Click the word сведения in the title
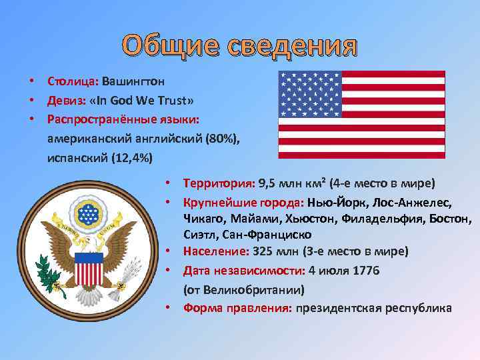pos(291,46)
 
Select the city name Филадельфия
pos(373,218)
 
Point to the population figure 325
pos(261,252)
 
